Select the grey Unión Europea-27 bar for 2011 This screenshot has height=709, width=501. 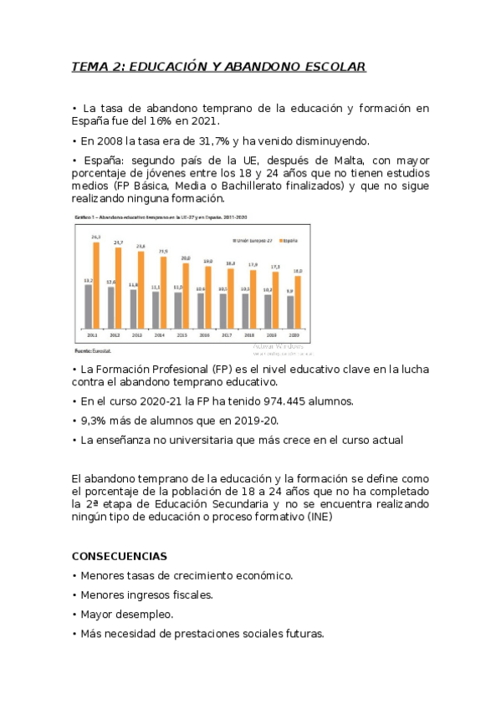88,305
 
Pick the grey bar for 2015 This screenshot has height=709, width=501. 177,309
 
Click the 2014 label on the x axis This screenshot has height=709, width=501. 160,334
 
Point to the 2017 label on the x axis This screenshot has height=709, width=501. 227,334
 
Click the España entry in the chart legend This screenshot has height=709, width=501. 290,240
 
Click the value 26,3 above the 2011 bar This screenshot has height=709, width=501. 96,237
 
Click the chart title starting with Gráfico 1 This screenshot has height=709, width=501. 151,217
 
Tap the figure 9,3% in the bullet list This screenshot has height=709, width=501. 92,421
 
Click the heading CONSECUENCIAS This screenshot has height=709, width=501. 120,556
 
